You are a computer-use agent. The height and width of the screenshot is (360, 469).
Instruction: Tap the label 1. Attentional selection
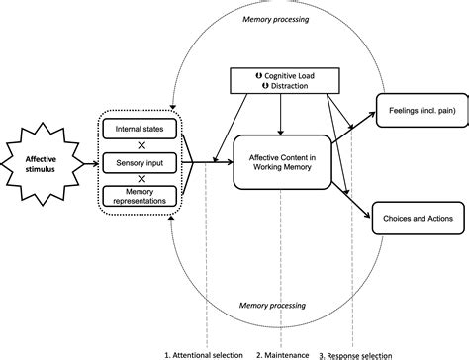tap(203, 352)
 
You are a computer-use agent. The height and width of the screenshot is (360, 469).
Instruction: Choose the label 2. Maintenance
tap(284, 352)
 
